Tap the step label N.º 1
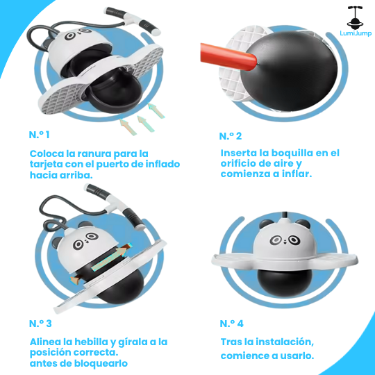(x=41, y=135)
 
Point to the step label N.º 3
(x=41, y=324)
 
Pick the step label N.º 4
(x=232, y=324)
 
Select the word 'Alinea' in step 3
(x=47, y=342)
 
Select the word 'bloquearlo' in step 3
(x=103, y=363)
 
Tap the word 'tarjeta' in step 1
(x=47, y=165)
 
